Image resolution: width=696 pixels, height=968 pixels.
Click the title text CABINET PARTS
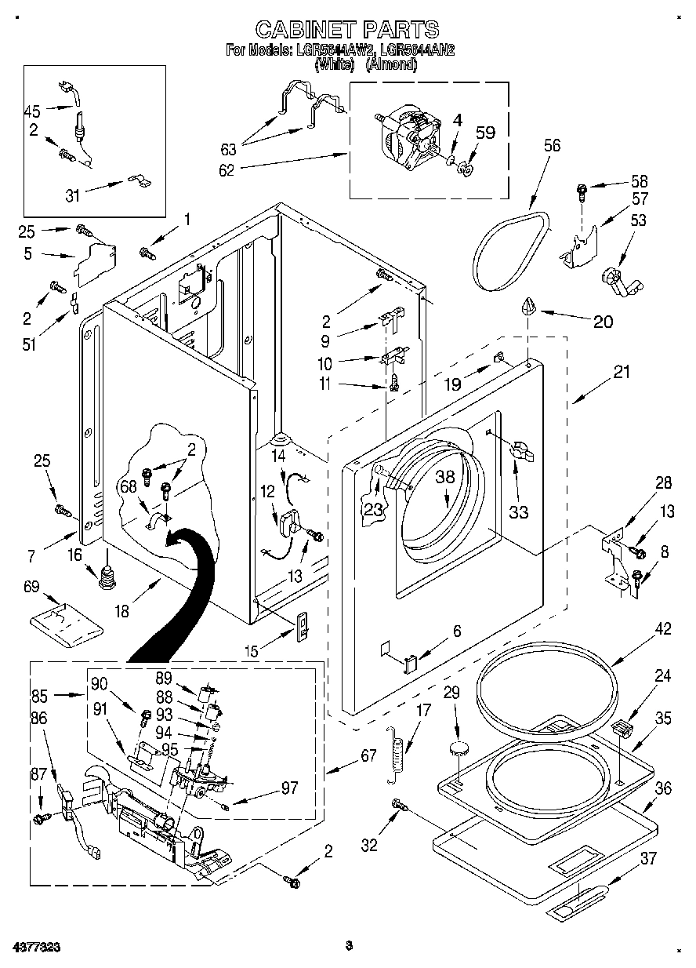347,30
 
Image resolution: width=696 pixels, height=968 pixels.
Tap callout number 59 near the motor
485,133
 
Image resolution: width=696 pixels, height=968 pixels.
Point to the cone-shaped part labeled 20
528,306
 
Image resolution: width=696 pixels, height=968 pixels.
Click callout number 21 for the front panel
621,373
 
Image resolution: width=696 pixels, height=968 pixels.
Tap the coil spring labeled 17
399,754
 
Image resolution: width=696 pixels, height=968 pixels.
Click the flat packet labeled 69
67,620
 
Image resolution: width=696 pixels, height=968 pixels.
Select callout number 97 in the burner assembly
288,788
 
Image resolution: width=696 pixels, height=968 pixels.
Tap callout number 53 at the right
639,220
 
